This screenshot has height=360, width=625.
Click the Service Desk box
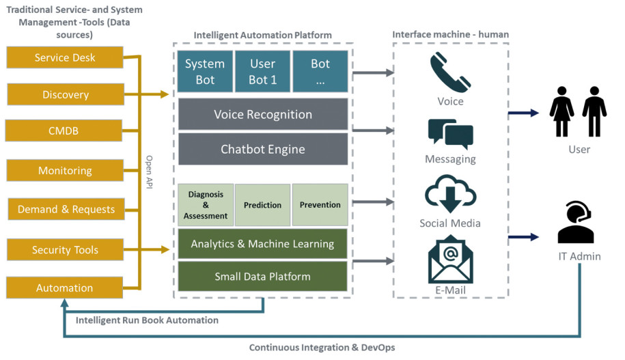pos(65,57)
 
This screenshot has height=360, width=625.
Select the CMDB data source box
pos(64,130)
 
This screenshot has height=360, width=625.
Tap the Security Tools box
pos(65,249)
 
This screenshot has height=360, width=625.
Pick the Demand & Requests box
pos(66,209)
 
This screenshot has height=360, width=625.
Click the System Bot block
pos(205,71)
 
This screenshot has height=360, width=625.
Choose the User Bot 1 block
pos(263,71)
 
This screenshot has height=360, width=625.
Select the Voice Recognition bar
pos(263,114)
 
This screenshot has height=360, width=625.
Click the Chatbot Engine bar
pos(263,149)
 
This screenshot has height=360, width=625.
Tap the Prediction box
pos(263,205)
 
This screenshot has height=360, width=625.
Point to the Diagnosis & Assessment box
pos(206,205)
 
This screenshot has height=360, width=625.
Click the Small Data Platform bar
pos(263,276)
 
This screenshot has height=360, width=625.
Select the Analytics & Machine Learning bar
pos(263,244)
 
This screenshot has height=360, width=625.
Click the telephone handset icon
pos(450,72)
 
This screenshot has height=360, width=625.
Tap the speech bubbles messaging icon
pos(450,133)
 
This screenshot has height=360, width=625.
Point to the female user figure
pos(561,111)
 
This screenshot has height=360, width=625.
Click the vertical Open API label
pos(149,172)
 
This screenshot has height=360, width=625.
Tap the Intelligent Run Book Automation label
pos(147,320)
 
